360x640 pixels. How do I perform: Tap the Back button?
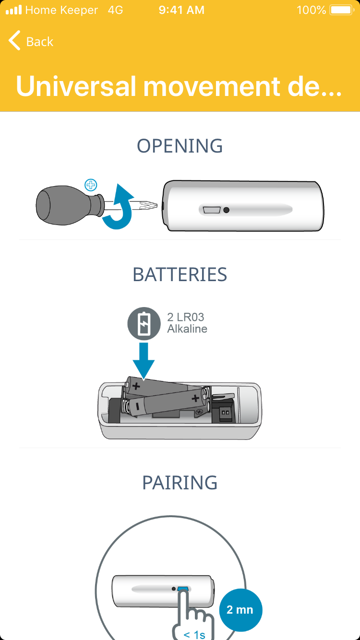pos(31,41)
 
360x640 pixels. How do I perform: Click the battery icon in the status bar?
pos(342,10)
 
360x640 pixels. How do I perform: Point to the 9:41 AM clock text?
pos(181,10)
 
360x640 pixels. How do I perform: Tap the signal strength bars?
pos(14,10)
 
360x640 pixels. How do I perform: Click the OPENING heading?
pos(180,146)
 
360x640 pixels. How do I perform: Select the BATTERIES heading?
pos(180,274)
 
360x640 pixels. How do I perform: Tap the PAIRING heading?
pos(180,483)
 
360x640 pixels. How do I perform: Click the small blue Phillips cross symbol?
pos(91,185)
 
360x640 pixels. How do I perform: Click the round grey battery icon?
pos(144,323)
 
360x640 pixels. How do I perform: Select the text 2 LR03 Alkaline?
pos(187,323)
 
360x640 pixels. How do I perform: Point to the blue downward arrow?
pos(144,361)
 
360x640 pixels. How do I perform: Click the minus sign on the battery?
pos(138,406)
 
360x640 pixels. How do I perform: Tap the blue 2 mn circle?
pos(240,610)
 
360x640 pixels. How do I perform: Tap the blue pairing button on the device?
pos(183,589)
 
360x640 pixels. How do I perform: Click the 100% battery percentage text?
pos(312,10)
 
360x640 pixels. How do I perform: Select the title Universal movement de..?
pos(179,86)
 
